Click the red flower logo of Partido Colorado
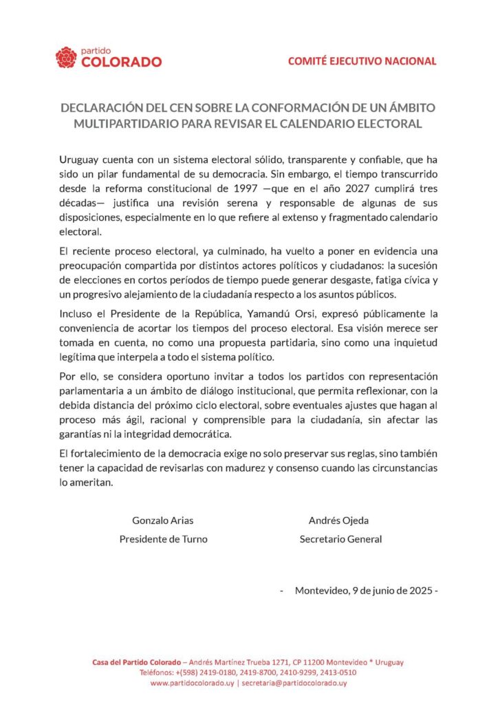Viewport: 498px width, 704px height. click(66, 57)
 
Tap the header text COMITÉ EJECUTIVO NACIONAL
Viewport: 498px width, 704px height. click(362, 60)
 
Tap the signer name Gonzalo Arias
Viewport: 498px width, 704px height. click(163, 520)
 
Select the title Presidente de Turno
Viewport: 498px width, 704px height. click(163, 539)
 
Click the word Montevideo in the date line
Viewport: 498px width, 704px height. click(321, 590)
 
